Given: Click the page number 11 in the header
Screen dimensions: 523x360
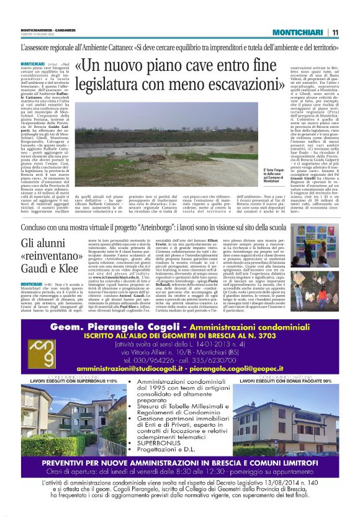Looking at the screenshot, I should click(x=335, y=32).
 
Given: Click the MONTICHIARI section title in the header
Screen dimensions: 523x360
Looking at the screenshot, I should click(x=295, y=32).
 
